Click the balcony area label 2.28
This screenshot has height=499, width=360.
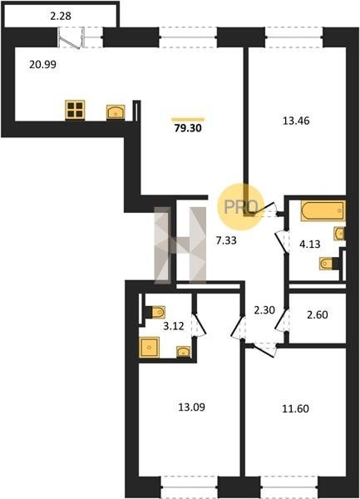pyautogui.click(x=61, y=16)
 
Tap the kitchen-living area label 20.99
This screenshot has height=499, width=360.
pyautogui.click(x=42, y=64)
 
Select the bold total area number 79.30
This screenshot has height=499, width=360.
pyautogui.click(x=188, y=128)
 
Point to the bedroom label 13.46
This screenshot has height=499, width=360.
pyautogui.click(x=296, y=121)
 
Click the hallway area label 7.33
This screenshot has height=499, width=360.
pyautogui.click(x=226, y=240)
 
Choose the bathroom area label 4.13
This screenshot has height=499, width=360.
pyautogui.click(x=310, y=244)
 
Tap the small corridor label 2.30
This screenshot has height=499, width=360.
pyautogui.click(x=264, y=309)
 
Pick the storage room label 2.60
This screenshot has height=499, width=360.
pyautogui.click(x=318, y=314)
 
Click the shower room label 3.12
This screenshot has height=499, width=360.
pyautogui.click(x=173, y=326)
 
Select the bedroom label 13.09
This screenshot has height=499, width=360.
pyautogui.click(x=191, y=407)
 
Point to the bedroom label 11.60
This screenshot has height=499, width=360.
pyautogui.click(x=295, y=408)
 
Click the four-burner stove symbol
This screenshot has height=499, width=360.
pyautogui.click(x=75, y=110)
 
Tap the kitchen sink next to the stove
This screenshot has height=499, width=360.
pyautogui.click(x=116, y=112)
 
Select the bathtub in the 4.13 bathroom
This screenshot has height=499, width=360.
pyautogui.click(x=323, y=210)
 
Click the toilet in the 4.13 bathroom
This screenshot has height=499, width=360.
pyautogui.click(x=327, y=264)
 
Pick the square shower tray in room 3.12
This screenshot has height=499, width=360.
pyautogui.click(x=149, y=347)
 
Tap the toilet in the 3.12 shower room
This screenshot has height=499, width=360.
pyautogui.click(x=155, y=312)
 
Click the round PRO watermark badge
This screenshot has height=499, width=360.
pyautogui.click(x=241, y=207)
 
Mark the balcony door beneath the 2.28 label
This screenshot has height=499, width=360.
pyautogui.click(x=72, y=38)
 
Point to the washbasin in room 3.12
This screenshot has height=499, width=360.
pyautogui.click(x=183, y=352)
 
